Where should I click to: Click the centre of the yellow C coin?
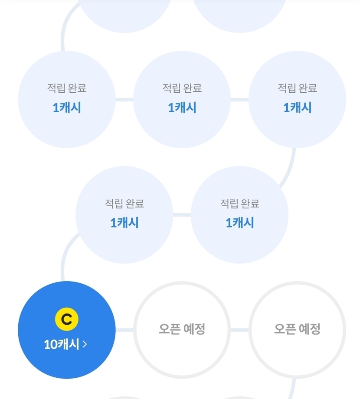pyautogui.click(x=67, y=319)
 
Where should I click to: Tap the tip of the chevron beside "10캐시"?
pyautogui.click(x=87, y=344)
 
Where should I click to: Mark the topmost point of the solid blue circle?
pyautogui.click(x=67, y=281)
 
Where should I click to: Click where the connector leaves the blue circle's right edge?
pyautogui.click(x=116, y=330)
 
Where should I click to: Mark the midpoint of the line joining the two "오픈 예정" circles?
pyautogui.click(x=239, y=330)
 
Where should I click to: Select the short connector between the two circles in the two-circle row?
pyautogui.click(x=182, y=215)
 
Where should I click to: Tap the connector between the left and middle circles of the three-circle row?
pyautogui.click(x=124, y=100)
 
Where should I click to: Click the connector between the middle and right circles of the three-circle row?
pyautogui.click(x=239, y=100)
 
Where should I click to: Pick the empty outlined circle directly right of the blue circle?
pyautogui.click(x=182, y=330)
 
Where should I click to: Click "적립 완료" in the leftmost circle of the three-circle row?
pyautogui.click(x=67, y=88)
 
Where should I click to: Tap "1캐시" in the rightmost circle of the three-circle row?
pyautogui.click(x=297, y=107)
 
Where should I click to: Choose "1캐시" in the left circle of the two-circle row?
pyautogui.click(x=124, y=223)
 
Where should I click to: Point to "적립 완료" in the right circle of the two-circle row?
pyautogui.click(x=239, y=203)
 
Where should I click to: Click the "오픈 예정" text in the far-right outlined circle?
pyautogui.click(x=297, y=329)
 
